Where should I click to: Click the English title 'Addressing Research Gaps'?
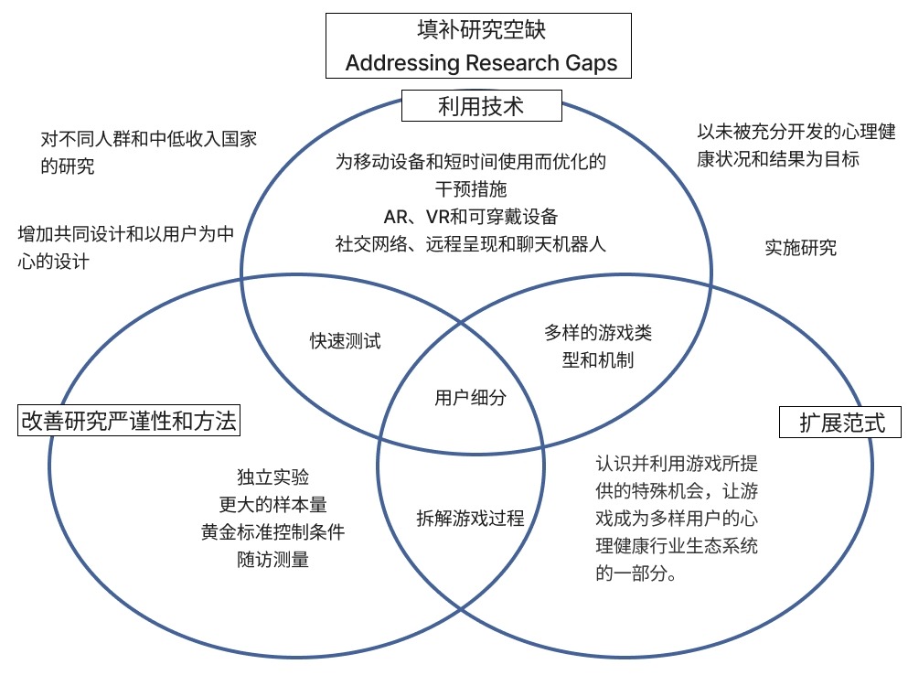click(481, 63)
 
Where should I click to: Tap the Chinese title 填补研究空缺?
click(481, 30)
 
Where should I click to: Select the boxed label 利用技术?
click(481, 107)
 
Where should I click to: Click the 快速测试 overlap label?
click(345, 341)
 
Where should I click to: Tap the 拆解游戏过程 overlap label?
click(470, 519)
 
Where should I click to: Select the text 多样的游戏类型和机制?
click(598, 347)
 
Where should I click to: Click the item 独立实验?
click(272, 477)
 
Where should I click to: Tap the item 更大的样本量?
click(272, 505)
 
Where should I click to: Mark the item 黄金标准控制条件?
click(272, 532)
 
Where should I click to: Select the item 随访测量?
click(272, 560)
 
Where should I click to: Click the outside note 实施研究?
click(800, 247)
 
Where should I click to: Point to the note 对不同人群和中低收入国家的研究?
click(148, 153)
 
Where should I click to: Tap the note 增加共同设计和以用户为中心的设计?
click(126, 248)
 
